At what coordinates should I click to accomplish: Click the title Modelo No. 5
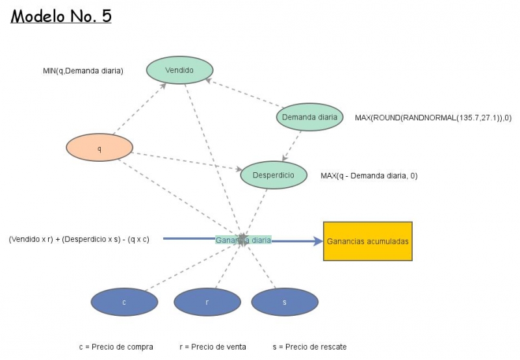pos(61,16)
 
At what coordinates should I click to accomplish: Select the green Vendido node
pos(179,70)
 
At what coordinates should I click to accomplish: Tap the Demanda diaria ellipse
pos(310,117)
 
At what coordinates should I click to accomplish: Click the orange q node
pos(99,148)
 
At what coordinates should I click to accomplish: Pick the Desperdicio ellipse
pos(273,175)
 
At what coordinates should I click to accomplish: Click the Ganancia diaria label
pos(243,240)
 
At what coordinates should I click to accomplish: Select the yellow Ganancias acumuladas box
pos(368,241)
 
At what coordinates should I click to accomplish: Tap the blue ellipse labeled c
pos(124,302)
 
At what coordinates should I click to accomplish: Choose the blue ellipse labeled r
pos(207,302)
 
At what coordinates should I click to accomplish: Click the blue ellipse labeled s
pos(284,302)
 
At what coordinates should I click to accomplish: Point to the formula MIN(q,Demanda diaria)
pos(83,70)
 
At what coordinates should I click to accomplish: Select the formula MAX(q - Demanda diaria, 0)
pos(369,175)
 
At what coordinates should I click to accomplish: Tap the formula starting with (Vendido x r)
pos(79,239)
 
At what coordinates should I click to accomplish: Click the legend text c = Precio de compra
pos(116,347)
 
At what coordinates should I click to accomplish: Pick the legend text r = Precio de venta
pos(213,347)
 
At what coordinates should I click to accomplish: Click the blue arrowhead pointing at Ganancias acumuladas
pos(317,241)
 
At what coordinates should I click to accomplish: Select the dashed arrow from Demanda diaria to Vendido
pos(244,94)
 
